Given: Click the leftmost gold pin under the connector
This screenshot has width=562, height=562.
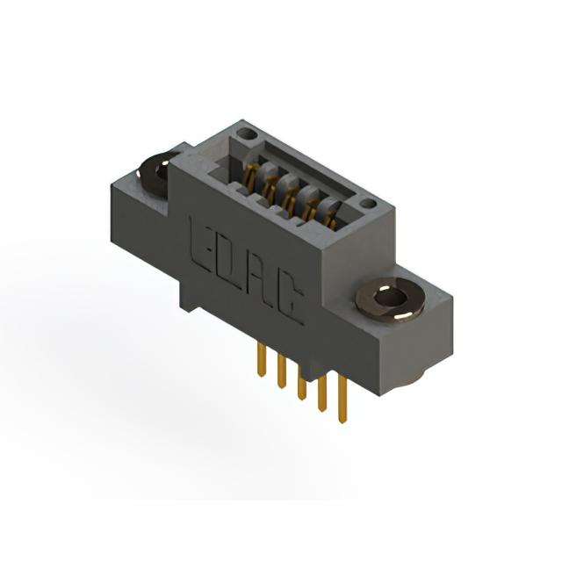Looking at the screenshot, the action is click(262, 359).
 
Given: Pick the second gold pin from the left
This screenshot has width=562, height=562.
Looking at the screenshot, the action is click(282, 371).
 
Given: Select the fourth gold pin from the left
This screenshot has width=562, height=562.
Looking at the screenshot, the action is click(322, 392).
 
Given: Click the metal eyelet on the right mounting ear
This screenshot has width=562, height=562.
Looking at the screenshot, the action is click(390, 299).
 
